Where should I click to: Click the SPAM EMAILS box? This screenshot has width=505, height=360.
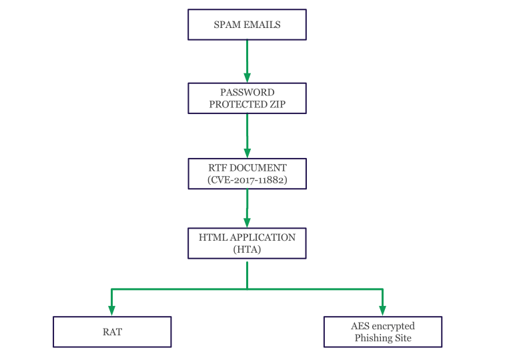(247, 25)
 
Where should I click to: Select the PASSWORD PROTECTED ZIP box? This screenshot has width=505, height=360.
(247, 98)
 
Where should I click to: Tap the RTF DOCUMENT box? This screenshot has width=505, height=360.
(247, 173)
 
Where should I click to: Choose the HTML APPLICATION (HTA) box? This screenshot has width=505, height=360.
(247, 243)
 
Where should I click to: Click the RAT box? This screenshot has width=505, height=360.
(112, 331)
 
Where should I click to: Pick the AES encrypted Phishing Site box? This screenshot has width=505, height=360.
(382, 331)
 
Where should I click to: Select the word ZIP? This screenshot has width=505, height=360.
(276, 105)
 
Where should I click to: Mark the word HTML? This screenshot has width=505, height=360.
(213, 237)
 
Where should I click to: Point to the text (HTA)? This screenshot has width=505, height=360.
(247, 249)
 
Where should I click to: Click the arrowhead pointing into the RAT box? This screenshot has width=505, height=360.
(112, 310)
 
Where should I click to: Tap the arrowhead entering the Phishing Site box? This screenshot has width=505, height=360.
(383, 310)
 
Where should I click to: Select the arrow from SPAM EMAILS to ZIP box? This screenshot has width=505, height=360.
(247, 60)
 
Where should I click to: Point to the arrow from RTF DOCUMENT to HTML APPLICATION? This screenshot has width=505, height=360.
(247, 207)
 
